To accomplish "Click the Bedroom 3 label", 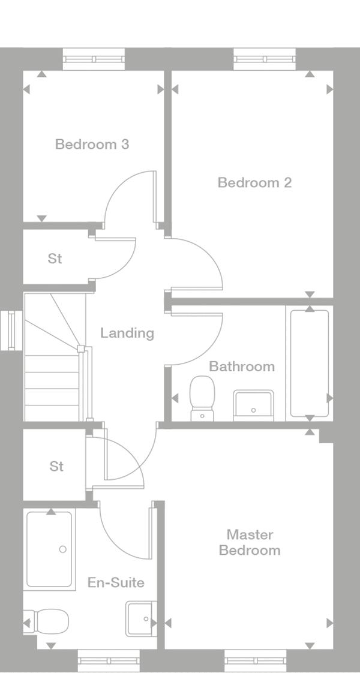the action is pyautogui.click(x=92, y=144).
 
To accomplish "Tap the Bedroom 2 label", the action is pyautogui.click(x=254, y=182).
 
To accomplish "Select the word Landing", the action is pyautogui.click(x=127, y=334).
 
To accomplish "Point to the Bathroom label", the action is pyautogui.click(x=242, y=366).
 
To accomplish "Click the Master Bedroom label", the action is pyautogui.click(x=250, y=542).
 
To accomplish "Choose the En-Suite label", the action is pyautogui.click(x=116, y=582).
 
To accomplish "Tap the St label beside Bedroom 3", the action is pyautogui.click(x=55, y=259).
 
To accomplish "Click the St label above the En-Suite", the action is pyautogui.click(x=56, y=466).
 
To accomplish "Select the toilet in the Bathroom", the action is pyautogui.click(x=202, y=398).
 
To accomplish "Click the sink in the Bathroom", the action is pyautogui.click(x=253, y=405).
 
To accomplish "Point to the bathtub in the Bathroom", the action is pyautogui.click(x=310, y=363).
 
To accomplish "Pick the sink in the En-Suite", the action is pyautogui.click(x=141, y=618).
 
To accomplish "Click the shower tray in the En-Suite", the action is pyautogui.click(x=49, y=549).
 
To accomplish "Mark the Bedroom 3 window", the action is pyautogui.click(x=94, y=59).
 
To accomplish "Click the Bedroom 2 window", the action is pyautogui.click(x=265, y=59).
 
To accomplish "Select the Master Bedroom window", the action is pyautogui.click(x=256, y=660).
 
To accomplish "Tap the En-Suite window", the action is pyautogui.click(x=109, y=660).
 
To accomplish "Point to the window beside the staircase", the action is pyautogui.click(x=11, y=331).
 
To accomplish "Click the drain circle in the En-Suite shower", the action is pyautogui.click(x=62, y=549).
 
